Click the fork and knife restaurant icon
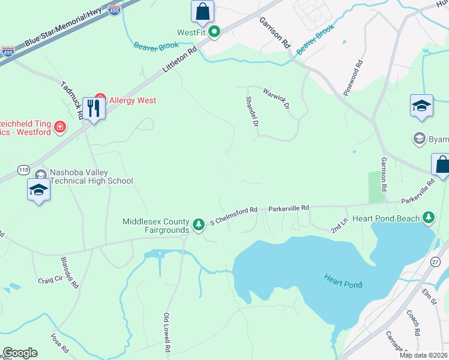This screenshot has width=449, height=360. [94, 108]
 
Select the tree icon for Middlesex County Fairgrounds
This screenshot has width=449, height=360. [198, 224]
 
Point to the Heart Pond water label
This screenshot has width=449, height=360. [343, 281]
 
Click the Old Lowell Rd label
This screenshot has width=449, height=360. [167, 332]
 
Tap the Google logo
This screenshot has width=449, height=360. [20, 353]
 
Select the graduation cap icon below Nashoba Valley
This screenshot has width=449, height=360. [38, 190]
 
